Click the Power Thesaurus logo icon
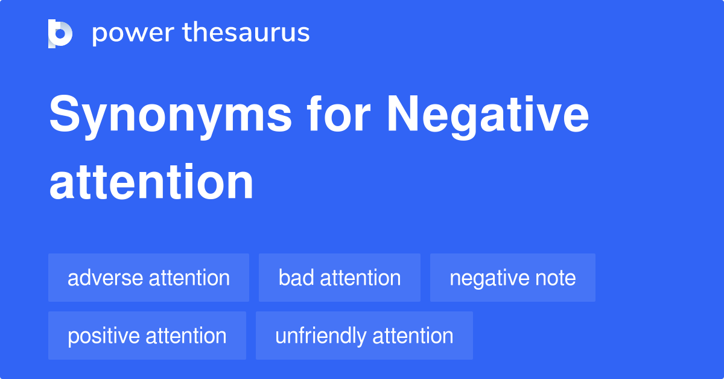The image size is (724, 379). [x=60, y=33]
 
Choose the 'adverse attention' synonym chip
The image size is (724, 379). [x=148, y=278]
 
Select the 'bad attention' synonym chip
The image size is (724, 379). [x=340, y=278]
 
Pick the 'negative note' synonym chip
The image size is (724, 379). [x=513, y=278]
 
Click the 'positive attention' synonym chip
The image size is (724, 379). [x=147, y=336]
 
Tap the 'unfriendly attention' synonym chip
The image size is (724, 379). [x=364, y=336]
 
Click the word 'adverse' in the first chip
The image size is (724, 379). [x=106, y=278]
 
